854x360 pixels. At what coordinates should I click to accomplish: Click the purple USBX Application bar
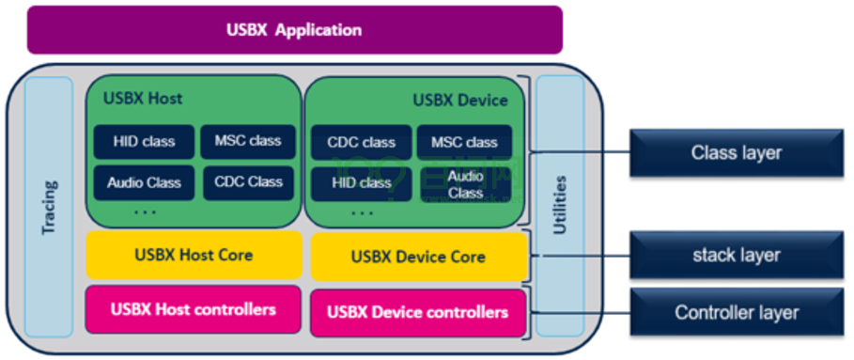point(294,30)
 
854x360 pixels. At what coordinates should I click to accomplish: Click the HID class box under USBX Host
point(144,142)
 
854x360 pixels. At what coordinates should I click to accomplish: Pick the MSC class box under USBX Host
point(248,141)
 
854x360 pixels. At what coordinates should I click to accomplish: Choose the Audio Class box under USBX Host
point(144,182)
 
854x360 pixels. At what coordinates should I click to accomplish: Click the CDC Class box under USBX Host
point(249,182)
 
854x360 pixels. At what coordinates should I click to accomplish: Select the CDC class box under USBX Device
point(362,143)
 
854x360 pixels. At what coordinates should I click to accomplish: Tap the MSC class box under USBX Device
point(464,143)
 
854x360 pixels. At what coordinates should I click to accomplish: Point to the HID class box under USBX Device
point(362,183)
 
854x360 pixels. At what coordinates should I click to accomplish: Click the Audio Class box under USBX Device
point(465,184)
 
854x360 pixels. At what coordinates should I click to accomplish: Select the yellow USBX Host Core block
point(194,255)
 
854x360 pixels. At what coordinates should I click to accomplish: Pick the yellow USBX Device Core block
point(418,257)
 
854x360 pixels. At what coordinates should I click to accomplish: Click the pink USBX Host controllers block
point(194,309)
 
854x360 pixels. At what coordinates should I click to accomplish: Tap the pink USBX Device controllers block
point(418,312)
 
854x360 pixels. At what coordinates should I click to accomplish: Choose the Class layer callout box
point(737,152)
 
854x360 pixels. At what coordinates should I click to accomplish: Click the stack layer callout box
point(737,255)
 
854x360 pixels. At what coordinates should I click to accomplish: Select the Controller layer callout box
point(737,313)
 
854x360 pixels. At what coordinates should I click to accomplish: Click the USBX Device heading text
point(460,100)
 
